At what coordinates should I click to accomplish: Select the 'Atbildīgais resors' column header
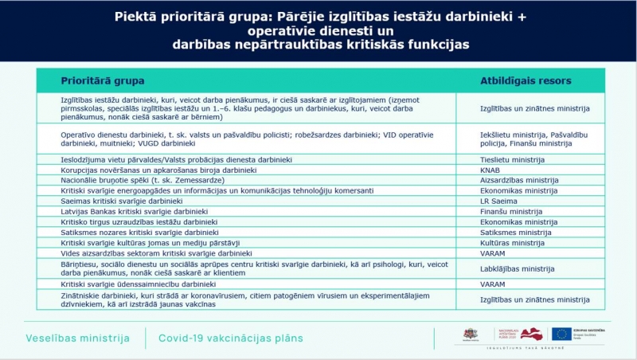pos(526,80)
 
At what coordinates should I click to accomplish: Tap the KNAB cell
pos(490,170)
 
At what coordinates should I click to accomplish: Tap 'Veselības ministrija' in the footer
pos(77,338)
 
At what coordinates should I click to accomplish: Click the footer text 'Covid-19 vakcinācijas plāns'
pos(231,338)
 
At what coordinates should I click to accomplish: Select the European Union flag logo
pos(561,333)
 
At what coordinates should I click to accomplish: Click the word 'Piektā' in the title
pos(135,16)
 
